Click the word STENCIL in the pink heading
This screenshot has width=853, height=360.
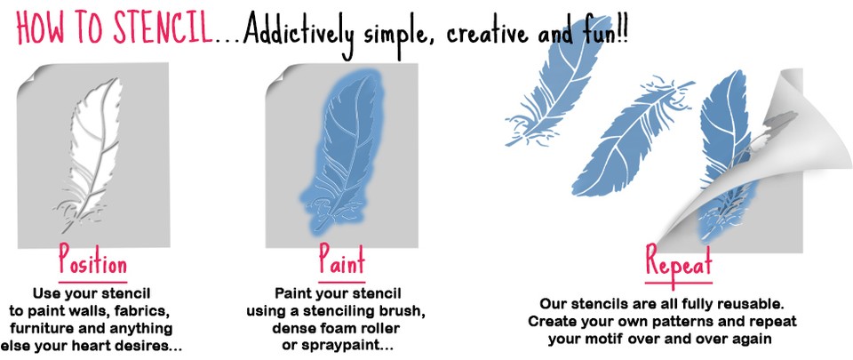[161, 28]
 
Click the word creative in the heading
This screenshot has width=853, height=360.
[486, 34]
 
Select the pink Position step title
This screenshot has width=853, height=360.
[93, 261]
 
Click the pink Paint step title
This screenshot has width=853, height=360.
[341, 260]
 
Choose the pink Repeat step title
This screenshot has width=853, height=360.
[679, 263]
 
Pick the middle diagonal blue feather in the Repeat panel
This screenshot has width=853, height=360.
[634, 139]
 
